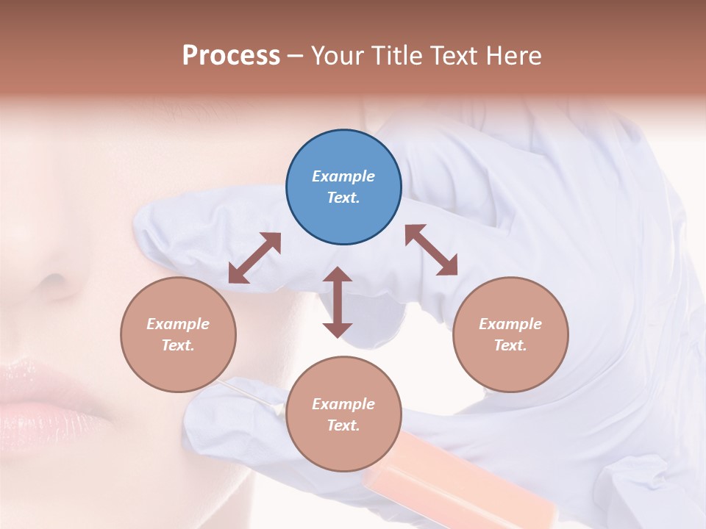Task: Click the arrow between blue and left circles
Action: pyautogui.click(x=254, y=258)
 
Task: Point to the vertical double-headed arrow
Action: pyautogui.click(x=338, y=302)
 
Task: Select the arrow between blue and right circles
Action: pyautogui.click(x=431, y=250)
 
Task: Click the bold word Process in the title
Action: pyautogui.click(x=231, y=55)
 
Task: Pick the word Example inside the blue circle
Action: pyautogui.click(x=343, y=176)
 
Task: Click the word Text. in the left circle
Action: pyautogui.click(x=178, y=345)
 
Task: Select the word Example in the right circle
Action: pyautogui.click(x=510, y=324)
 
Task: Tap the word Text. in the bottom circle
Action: pyautogui.click(x=343, y=425)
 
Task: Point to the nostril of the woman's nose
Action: pyautogui.click(x=53, y=283)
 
